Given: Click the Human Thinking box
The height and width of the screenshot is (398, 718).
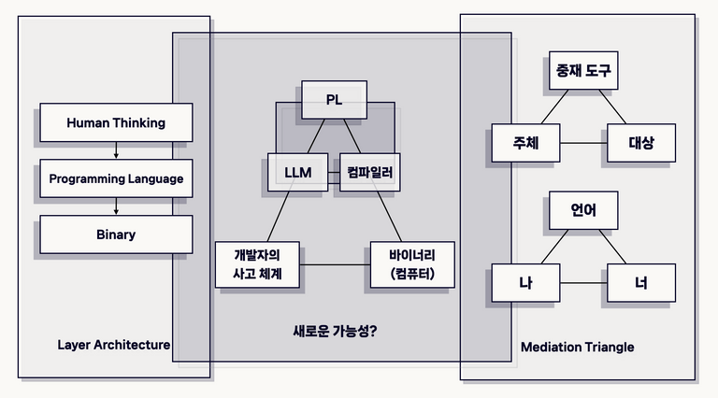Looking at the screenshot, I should (x=116, y=122).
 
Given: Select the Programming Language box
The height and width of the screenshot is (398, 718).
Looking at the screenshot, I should (x=116, y=178).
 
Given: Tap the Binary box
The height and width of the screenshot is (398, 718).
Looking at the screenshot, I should (x=116, y=235).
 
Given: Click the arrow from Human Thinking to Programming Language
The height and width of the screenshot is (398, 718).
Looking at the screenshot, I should (x=116, y=150).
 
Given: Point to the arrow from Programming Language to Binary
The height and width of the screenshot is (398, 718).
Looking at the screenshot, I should (x=116, y=206).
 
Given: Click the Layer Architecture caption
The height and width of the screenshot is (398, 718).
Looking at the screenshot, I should (x=114, y=345).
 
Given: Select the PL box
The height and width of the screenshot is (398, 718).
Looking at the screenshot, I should (x=334, y=100).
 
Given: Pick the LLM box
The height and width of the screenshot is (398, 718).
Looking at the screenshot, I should (x=298, y=173).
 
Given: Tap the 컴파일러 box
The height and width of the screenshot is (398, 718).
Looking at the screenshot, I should (x=369, y=173).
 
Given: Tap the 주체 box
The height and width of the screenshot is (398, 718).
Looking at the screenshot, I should (x=524, y=144).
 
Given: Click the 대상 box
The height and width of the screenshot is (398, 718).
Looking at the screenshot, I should (x=640, y=144).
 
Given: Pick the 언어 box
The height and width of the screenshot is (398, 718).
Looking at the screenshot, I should (x=582, y=210).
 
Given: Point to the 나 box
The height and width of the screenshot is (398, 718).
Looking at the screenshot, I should (x=525, y=282).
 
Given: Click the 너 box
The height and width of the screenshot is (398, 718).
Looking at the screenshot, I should (x=640, y=282).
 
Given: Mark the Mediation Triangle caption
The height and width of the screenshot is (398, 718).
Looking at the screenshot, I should (x=577, y=348).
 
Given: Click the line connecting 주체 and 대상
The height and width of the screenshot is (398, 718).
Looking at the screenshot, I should (x=582, y=144).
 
